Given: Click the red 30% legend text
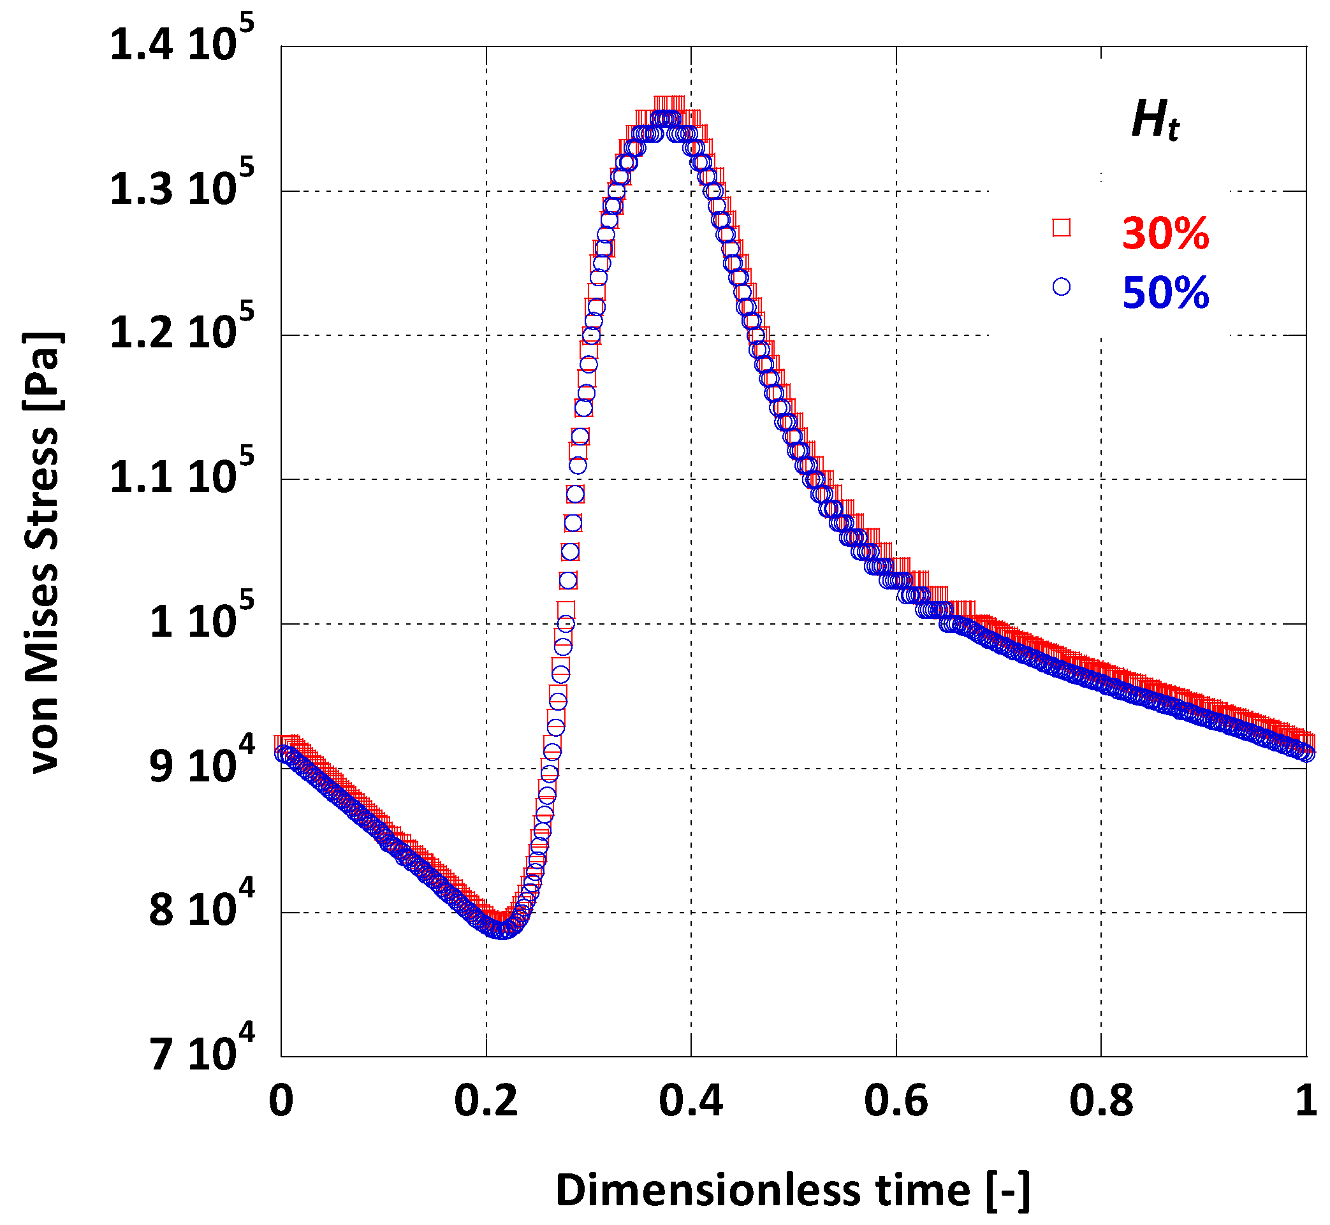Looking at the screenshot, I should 1165,233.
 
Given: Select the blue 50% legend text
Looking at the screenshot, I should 1165,293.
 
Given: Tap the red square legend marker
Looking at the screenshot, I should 1062,228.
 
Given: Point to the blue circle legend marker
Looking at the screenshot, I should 1062,286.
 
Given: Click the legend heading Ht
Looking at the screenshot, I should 1155,120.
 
